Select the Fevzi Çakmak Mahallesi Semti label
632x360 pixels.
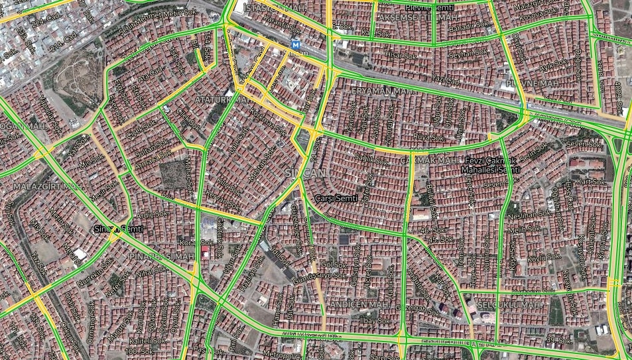point(491,166)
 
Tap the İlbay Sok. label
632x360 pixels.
point(371,320)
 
